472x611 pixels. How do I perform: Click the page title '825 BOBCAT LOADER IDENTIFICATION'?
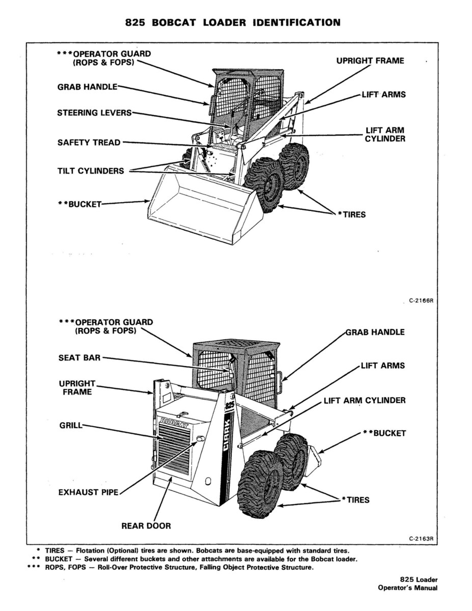232,22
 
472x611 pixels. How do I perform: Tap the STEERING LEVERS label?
94,113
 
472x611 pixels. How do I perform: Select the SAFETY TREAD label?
89,143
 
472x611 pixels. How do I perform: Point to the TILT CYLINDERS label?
90,171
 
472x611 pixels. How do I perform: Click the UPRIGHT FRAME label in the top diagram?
370,61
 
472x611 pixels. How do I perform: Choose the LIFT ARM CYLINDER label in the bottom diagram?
365,400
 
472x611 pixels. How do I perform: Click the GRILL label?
70,424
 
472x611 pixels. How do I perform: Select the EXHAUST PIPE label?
88,492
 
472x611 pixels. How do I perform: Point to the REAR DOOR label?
146,525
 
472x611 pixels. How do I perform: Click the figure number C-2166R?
421,300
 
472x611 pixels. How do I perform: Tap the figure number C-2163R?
421,538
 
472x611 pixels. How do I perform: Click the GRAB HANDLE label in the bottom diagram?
375,332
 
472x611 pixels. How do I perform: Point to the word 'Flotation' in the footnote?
90,550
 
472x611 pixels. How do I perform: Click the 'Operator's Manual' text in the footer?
407,588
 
